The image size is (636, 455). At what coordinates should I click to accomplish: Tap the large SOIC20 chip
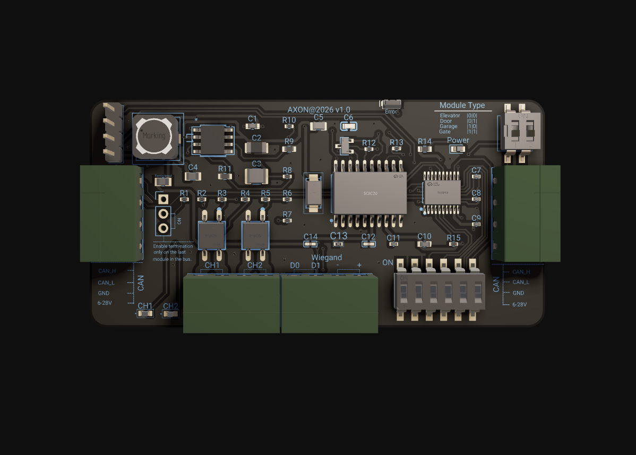tap(369, 193)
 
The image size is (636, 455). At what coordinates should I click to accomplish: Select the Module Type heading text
tap(462, 106)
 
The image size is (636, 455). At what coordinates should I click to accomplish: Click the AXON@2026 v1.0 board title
tap(319, 109)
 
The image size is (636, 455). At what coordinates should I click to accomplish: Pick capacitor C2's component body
tap(256, 148)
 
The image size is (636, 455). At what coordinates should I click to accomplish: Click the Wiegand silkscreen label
tap(326, 257)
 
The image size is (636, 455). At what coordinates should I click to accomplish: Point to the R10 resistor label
tap(289, 120)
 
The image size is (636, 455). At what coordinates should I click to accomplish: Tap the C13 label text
tap(339, 236)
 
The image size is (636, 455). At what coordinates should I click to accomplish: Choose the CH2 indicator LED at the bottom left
tap(170, 314)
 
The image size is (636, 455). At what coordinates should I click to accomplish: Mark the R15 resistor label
tap(453, 238)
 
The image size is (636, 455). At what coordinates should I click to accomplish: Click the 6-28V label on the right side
tap(519, 305)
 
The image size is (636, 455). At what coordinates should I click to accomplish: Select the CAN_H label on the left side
tap(107, 271)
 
